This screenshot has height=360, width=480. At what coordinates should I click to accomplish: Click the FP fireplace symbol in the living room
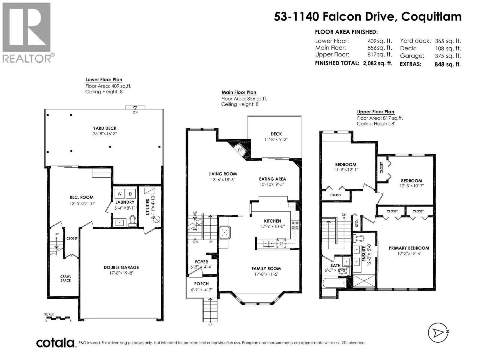(x=240, y=150)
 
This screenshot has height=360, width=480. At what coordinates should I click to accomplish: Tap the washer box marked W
(x=119, y=194)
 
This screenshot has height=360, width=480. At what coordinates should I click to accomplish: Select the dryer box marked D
(x=130, y=194)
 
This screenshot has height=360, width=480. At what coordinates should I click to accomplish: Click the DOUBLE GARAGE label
(x=121, y=267)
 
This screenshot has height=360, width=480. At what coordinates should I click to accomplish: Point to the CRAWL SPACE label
(x=66, y=278)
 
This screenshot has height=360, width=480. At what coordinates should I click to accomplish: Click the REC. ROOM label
(x=82, y=197)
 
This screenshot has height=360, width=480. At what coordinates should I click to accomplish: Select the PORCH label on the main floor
(x=201, y=284)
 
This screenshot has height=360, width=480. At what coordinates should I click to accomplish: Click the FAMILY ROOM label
(x=266, y=268)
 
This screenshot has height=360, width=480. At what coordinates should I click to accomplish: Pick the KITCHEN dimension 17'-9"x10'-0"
(x=272, y=226)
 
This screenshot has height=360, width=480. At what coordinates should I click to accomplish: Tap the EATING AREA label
(x=272, y=179)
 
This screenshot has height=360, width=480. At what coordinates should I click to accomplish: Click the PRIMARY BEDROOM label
(x=409, y=248)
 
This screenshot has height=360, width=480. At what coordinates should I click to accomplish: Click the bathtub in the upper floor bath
(x=334, y=283)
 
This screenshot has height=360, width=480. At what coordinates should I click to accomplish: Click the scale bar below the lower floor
(x=57, y=317)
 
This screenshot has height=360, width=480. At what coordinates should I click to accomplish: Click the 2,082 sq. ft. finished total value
(x=378, y=63)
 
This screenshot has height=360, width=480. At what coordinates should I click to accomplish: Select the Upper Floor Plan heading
(x=376, y=112)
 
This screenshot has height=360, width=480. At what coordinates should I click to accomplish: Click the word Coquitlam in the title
(x=431, y=17)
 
